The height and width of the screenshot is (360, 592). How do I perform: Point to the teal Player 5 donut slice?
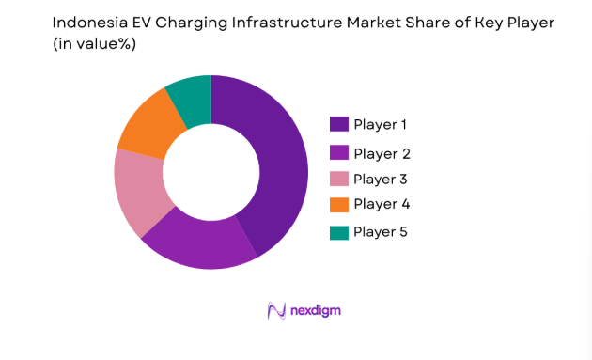pos(191,99)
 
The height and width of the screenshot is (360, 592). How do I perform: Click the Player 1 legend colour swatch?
pos(339,124)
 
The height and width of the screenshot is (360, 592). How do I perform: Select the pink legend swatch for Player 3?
pos(339,179)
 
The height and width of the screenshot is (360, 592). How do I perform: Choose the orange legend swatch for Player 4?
pos(339,204)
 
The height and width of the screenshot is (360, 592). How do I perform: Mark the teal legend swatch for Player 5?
pos(339,231)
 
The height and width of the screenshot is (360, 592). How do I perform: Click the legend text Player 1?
pos(382,124)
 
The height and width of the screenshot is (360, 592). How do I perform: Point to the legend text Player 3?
pos(382,179)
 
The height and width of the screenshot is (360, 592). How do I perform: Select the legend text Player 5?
pos(382,231)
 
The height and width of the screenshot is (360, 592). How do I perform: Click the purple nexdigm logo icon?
pos(276,310)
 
